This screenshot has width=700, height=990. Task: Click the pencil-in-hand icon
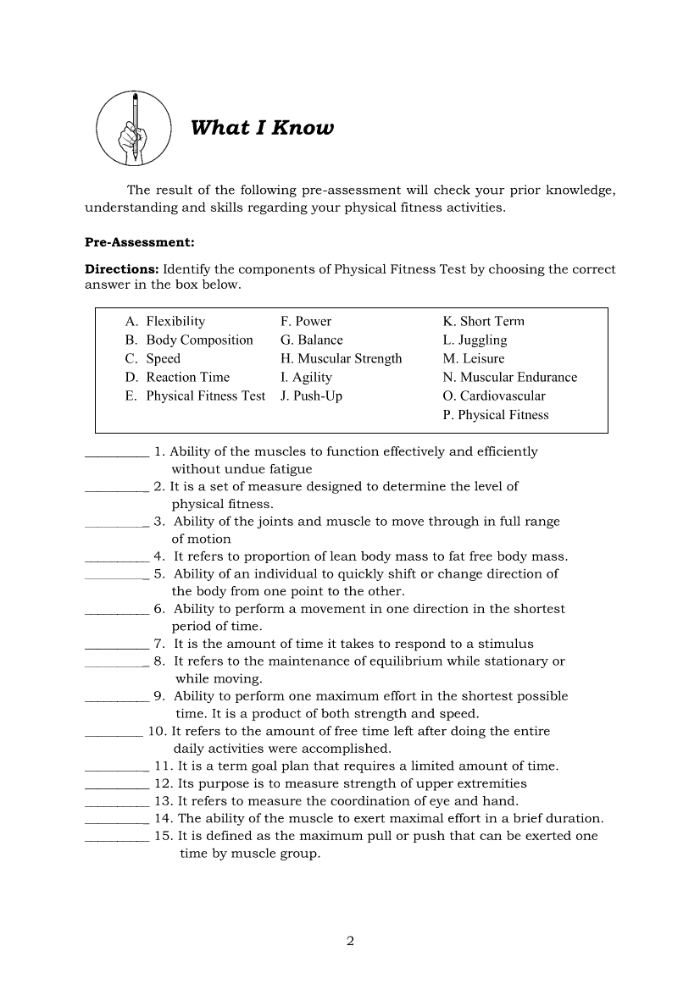tap(134, 129)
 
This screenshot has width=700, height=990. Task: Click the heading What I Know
tap(262, 128)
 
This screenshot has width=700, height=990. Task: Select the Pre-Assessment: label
tap(140, 242)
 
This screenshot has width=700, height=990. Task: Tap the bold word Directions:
tap(122, 269)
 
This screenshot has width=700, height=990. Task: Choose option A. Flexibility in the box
tap(165, 322)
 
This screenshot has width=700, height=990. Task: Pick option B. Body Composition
tap(189, 340)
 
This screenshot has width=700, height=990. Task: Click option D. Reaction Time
tap(177, 378)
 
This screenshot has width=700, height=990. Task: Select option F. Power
tap(306, 322)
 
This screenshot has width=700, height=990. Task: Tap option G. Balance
tap(311, 340)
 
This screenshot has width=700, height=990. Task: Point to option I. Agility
tap(306, 378)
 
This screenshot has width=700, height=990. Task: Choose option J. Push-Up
tap(311, 396)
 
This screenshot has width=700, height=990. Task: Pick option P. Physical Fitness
tap(496, 415)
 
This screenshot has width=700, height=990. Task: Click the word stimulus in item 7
tap(506, 644)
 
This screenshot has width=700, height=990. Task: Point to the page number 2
tap(350, 941)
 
